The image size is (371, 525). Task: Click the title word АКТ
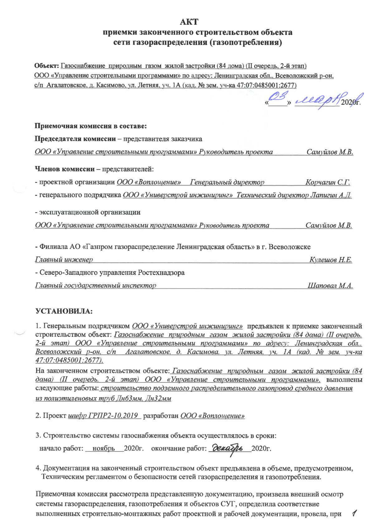189,22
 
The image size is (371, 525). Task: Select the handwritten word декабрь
229,449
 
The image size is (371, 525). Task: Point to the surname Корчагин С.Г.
327,182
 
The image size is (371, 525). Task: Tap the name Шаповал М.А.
330,285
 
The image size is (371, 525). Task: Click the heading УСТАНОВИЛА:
64,311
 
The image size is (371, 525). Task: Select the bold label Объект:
46,66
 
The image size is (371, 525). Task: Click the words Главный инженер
64,260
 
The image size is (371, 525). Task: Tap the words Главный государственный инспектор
96,285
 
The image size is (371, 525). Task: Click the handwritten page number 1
354,513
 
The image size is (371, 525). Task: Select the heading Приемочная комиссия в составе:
90,126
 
